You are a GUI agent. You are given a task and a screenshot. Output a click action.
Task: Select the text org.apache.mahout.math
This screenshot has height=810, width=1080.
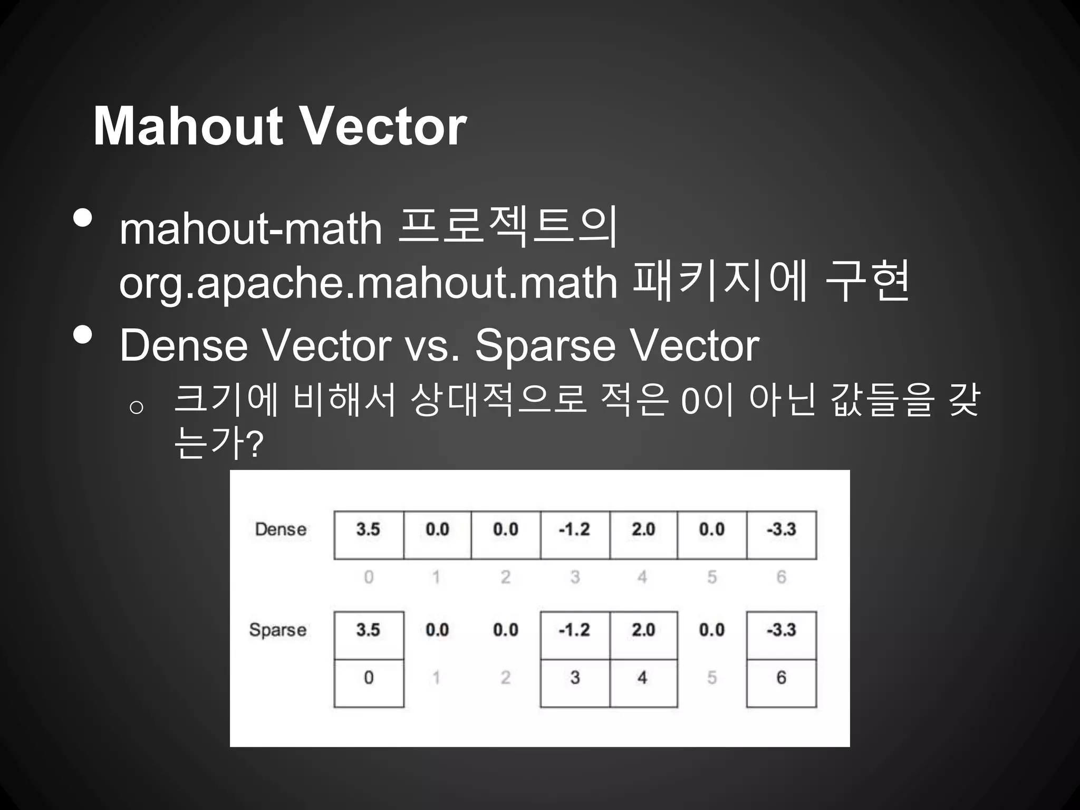(368, 283)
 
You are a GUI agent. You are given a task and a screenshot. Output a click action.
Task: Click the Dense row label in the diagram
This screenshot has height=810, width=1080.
(281, 529)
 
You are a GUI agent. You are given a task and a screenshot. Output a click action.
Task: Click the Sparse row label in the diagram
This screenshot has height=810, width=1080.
(278, 630)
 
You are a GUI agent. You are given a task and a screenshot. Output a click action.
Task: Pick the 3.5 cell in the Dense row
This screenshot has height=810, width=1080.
(368, 529)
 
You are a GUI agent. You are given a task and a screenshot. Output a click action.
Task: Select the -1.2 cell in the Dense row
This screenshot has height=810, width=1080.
(574, 529)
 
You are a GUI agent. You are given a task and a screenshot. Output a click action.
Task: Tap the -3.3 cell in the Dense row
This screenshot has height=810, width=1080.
(781, 529)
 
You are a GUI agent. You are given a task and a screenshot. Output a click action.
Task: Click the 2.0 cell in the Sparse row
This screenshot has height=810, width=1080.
(643, 630)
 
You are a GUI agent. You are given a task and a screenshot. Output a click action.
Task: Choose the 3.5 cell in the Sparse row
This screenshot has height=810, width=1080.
(368, 630)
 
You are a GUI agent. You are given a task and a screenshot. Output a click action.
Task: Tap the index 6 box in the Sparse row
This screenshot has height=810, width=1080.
(781, 678)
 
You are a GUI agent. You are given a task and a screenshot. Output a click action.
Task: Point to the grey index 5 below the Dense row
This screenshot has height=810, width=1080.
(712, 577)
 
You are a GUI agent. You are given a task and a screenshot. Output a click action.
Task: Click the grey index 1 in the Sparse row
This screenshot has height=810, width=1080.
(436, 678)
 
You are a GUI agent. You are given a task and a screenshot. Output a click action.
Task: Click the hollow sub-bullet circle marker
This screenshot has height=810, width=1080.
(136, 408)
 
